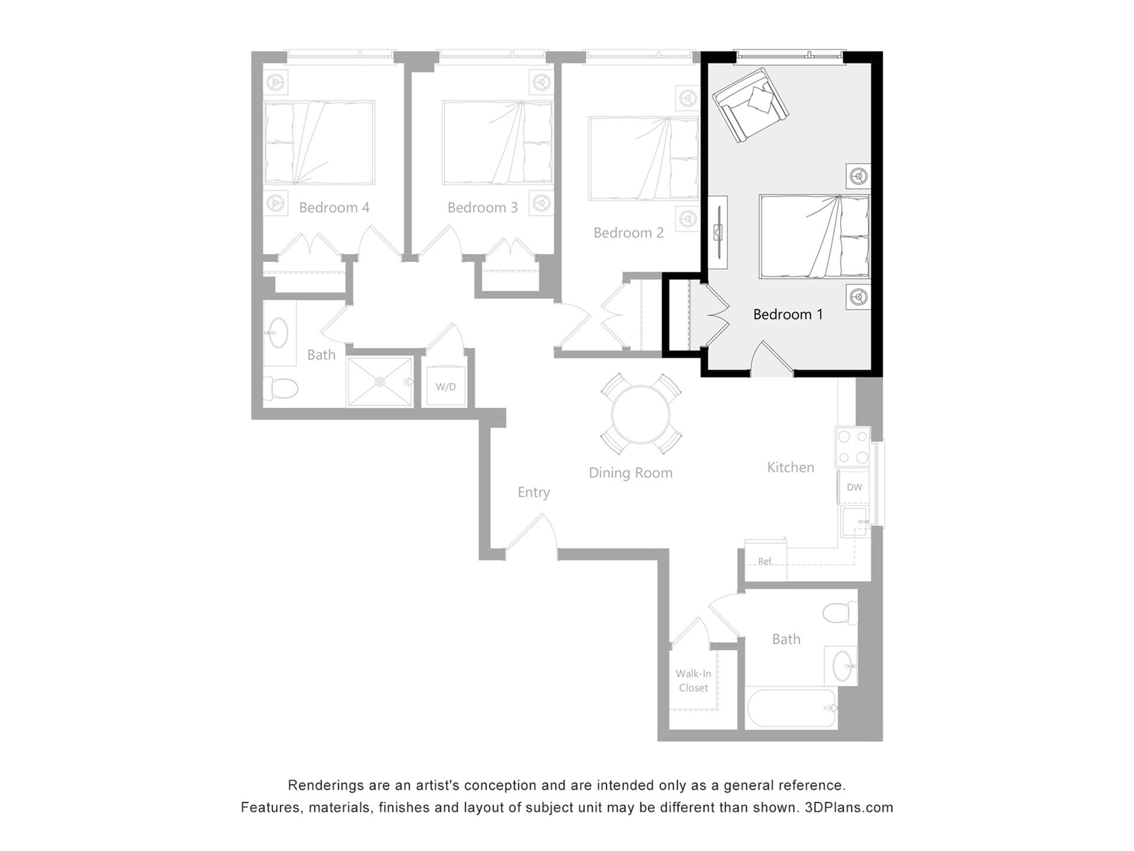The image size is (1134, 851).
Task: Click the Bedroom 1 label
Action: tap(788, 314)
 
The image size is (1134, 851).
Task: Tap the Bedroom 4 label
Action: tap(334, 207)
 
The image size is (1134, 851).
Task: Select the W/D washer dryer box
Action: tap(446, 386)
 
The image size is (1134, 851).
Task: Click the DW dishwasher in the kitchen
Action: tap(854, 488)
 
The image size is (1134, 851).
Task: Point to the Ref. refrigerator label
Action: tap(765, 561)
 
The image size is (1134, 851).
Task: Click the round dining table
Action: tap(641, 414)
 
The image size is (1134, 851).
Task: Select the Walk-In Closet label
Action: tap(693, 681)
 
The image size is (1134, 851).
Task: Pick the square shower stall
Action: tap(380, 382)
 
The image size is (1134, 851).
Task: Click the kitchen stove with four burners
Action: tap(853, 446)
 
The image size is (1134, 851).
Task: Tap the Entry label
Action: tap(533, 492)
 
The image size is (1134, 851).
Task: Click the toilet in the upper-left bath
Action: tap(281, 388)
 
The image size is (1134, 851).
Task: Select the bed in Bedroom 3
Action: tap(497, 142)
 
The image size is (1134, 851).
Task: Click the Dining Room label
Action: tap(630, 473)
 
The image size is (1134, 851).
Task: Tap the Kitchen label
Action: tap(790, 467)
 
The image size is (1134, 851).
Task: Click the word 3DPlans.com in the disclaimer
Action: tap(849, 808)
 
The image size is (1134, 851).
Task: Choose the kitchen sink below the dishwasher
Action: tap(854, 521)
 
